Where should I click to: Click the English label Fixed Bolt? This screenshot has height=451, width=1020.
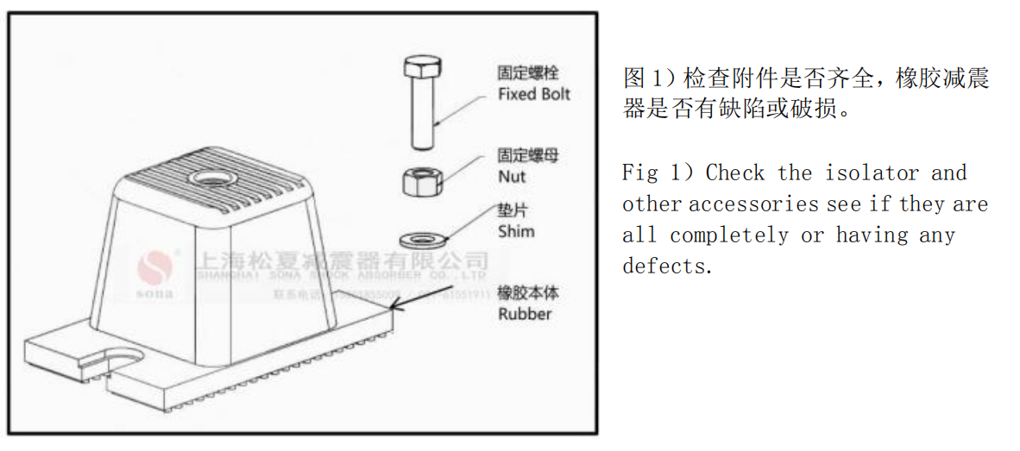coord(534,94)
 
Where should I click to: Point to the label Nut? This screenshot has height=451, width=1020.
coord(512,177)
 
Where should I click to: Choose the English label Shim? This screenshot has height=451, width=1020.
coord(516,231)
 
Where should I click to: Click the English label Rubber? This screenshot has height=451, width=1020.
coord(525,313)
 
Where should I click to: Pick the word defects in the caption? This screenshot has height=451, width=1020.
coord(668,266)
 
